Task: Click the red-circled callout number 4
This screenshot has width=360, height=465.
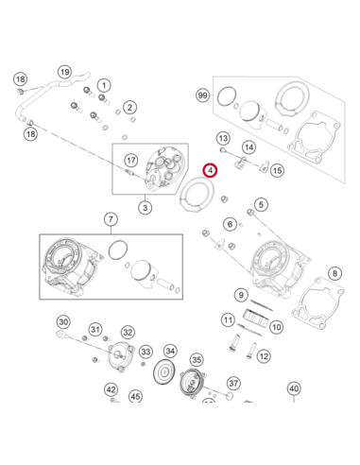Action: pyautogui.click(x=210, y=170)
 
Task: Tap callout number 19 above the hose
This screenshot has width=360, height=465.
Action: pyautogui.click(x=64, y=73)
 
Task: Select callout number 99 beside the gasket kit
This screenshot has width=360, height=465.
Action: pyautogui.click(x=202, y=95)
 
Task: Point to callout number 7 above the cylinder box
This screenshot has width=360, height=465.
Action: pyautogui.click(x=111, y=219)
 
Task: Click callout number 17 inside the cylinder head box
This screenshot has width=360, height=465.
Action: pyautogui.click(x=131, y=161)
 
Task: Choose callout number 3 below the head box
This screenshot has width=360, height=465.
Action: pyautogui.click(x=146, y=208)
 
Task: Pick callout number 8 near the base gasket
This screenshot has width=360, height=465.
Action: pyautogui.click(x=334, y=273)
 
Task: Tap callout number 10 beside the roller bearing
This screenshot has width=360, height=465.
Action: pyautogui.click(x=276, y=327)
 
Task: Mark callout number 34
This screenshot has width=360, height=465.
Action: pyautogui.click(x=170, y=351)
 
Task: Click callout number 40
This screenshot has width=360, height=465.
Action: pyautogui.click(x=294, y=388)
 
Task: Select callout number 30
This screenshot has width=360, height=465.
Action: pyautogui.click(x=63, y=322)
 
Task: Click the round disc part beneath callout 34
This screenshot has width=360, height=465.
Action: pyautogui.click(x=163, y=373)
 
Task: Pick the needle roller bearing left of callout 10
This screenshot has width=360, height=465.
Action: pyautogui.click(x=256, y=318)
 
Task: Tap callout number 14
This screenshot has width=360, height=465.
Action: pyautogui.click(x=249, y=147)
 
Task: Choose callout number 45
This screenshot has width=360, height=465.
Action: pyautogui.click(x=135, y=396)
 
